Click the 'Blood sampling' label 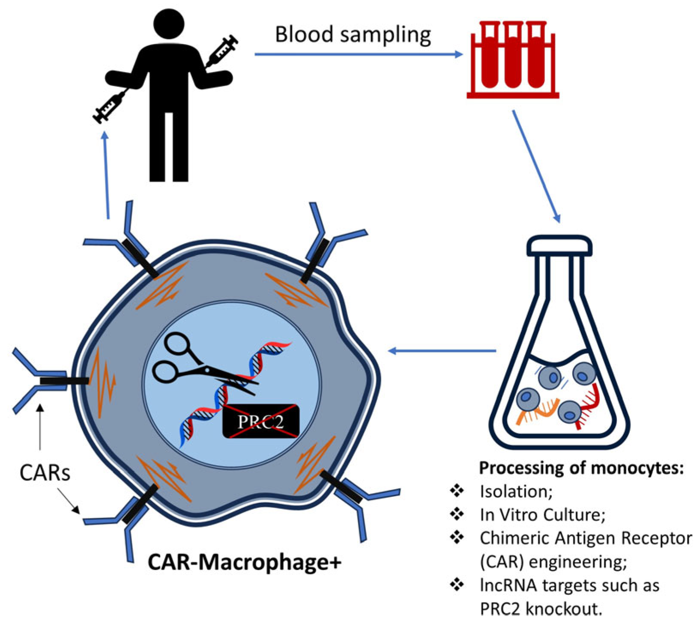pos(353,35)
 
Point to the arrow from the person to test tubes pos(358,54)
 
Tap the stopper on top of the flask pos(559,246)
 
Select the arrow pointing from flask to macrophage pos(442,351)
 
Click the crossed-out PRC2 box pos(260,421)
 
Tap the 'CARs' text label pos(45,473)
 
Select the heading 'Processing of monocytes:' pos(581,468)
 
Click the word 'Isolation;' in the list pos(516,491)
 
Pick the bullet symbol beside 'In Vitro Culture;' pos(457,514)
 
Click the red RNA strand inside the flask pos(589,406)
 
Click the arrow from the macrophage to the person pos(106,175)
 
